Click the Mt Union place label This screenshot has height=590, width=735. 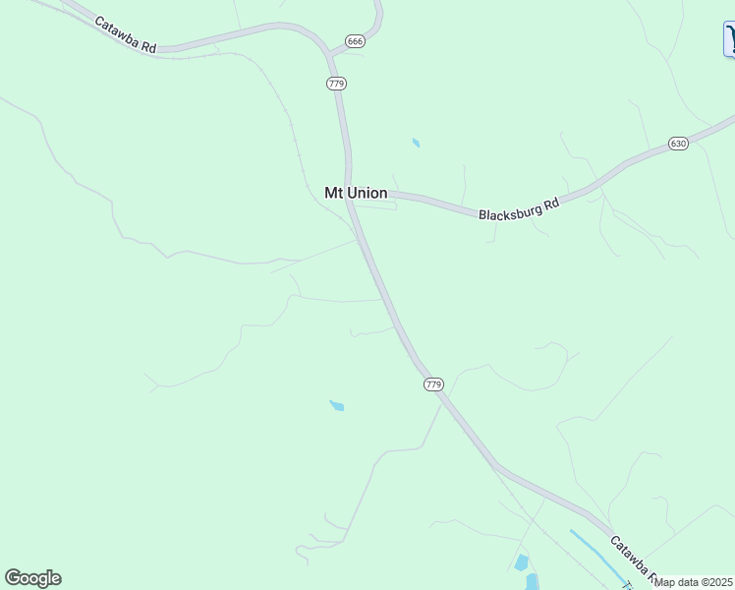(x=356, y=193)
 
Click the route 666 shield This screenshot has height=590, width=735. (x=355, y=41)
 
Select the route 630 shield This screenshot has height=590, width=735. (x=678, y=144)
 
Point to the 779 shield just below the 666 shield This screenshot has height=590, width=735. (x=336, y=84)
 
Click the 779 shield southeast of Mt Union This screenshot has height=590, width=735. (x=434, y=383)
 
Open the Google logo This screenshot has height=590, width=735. (x=32, y=578)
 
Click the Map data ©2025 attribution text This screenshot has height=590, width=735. (x=694, y=582)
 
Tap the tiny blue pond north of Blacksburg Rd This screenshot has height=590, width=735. (x=416, y=144)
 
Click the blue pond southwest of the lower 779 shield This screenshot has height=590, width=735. (x=337, y=405)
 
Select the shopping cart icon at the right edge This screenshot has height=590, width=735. (x=730, y=39)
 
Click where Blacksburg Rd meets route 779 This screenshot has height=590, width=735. (x=352, y=193)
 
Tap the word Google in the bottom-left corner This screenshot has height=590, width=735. (x=32, y=578)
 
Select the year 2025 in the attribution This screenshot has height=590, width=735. (x=720, y=582)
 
